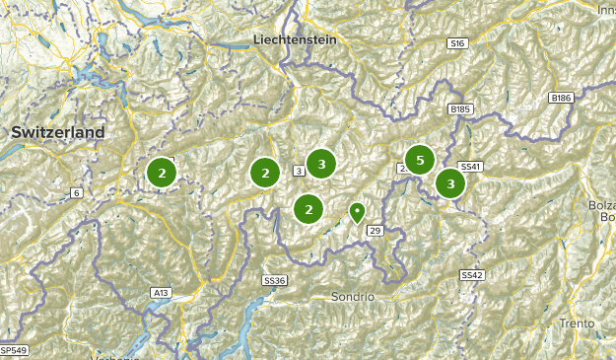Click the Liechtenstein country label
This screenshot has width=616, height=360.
pyautogui.click(x=295, y=39)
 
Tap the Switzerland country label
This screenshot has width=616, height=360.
pyautogui.click(x=57, y=132)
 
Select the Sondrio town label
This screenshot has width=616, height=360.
pyautogui.click(x=353, y=296)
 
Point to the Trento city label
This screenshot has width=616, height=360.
pyautogui.click(x=577, y=324)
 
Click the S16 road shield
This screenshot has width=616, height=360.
pyautogui.click(x=455, y=44)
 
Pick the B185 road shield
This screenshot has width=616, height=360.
pyautogui.click(x=460, y=108)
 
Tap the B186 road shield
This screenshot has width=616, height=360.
pyautogui.click(x=561, y=98)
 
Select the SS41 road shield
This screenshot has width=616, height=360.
pyautogui.click(x=471, y=167)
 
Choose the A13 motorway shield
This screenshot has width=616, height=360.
pyautogui.click(x=161, y=293)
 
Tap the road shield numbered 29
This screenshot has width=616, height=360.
pyautogui.click(x=375, y=230)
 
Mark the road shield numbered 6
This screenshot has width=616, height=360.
pyautogui.click(x=76, y=192)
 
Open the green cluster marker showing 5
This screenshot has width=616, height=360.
pyautogui.click(x=420, y=160)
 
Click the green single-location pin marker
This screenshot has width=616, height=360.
pyautogui.click(x=357, y=211)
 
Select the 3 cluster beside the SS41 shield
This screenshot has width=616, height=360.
pyautogui.click(x=450, y=183)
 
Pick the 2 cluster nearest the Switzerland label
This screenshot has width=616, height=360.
pyautogui.click(x=161, y=173)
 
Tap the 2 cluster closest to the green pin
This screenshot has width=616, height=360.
pyautogui.click(x=308, y=208)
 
